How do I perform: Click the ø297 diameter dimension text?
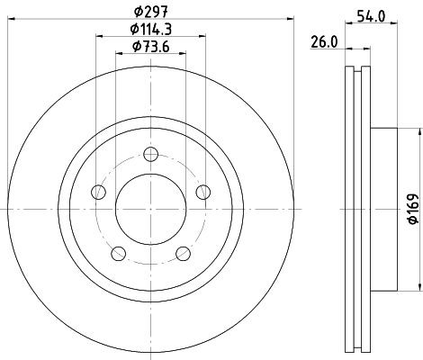point(149,12)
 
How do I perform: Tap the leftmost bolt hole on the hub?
point(97,190)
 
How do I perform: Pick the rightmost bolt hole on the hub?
point(203,190)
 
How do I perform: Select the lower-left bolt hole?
point(118,252)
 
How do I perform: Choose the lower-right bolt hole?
point(183,252)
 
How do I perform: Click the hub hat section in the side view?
point(382,208)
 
